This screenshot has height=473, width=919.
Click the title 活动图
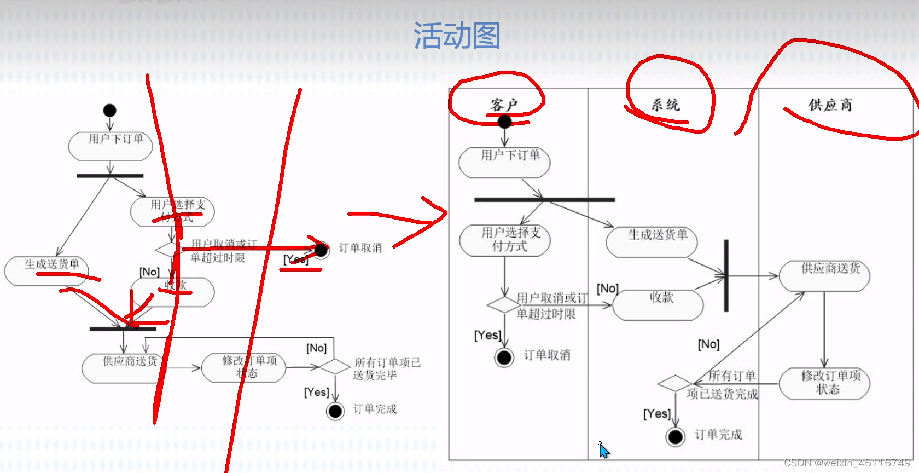457,36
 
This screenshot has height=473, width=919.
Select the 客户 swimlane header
504,105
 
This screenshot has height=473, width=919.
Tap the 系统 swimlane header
665,105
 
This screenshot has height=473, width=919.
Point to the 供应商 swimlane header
830,105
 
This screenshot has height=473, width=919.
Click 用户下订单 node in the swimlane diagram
504,162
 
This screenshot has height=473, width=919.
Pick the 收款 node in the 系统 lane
658,305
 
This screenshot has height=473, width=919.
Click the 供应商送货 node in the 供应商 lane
824,276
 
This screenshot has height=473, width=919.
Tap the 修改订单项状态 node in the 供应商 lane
824,383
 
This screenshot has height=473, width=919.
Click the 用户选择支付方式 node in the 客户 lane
505,240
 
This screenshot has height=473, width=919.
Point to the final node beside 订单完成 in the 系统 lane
676,437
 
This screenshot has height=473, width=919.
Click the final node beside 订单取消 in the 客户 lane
504,357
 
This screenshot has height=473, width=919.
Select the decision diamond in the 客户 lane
504,305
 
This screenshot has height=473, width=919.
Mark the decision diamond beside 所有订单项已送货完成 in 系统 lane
675,383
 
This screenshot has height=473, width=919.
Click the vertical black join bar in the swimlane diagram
726,275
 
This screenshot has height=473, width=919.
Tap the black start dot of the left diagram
110,111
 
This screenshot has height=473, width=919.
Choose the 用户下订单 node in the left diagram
110,146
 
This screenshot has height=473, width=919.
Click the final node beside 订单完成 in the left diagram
335,411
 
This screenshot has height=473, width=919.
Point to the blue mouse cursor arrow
603,451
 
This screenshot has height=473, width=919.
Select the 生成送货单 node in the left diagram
46,271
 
